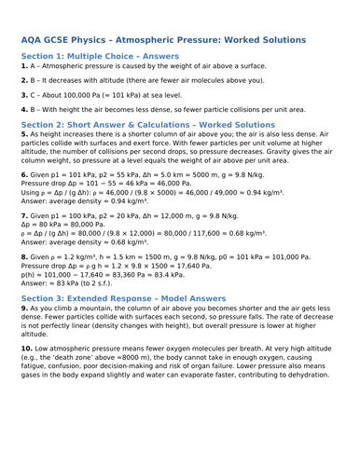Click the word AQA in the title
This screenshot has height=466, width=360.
coord(35,40)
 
